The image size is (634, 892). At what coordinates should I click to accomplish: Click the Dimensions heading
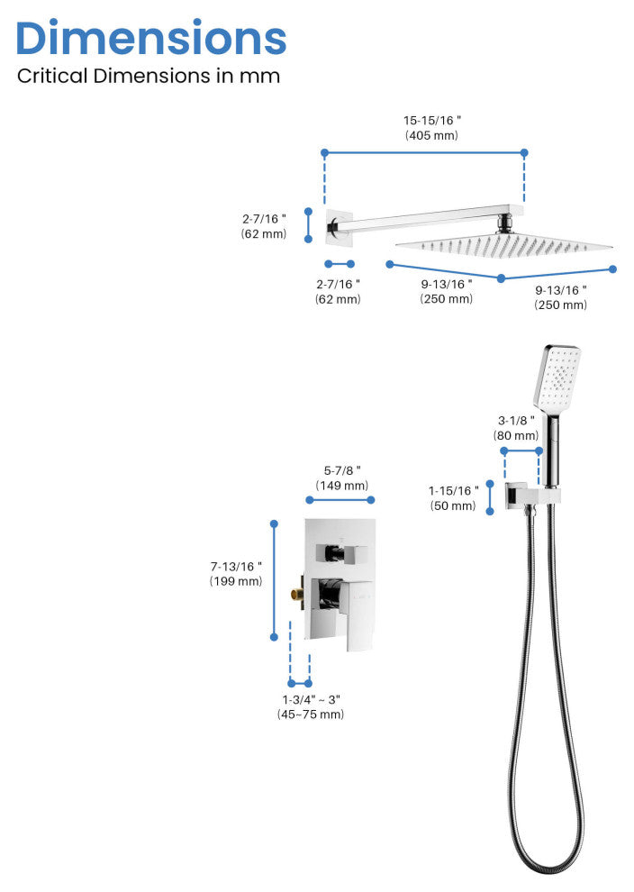pyautogui.click(x=151, y=38)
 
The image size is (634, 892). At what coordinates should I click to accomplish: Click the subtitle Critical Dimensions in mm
pyautogui.click(x=149, y=76)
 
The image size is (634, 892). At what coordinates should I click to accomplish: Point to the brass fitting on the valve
pyautogui.click(x=295, y=594)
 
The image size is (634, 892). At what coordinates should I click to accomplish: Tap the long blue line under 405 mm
pyautogui.click(x=424, y=153)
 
